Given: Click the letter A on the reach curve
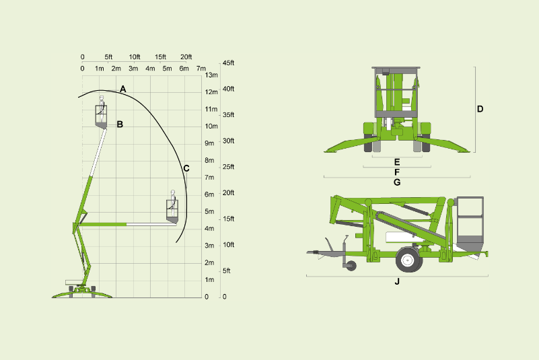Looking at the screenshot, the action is (x=122, y=89).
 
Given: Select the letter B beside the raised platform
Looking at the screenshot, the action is (x=120, y=124).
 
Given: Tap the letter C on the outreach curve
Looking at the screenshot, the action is (x=186, y=168).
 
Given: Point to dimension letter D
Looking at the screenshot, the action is (x=480, y=109).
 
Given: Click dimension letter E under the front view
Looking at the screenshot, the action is (x=397, y=162).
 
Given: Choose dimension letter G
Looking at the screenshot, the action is (x=397, y=182).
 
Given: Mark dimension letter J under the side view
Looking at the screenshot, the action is (x=397, y=281).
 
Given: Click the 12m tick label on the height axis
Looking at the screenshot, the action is (x=211, y=92).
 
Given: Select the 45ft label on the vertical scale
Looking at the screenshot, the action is (x=228, y=63).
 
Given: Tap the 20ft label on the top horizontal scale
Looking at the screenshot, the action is (x=186, y=57).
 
